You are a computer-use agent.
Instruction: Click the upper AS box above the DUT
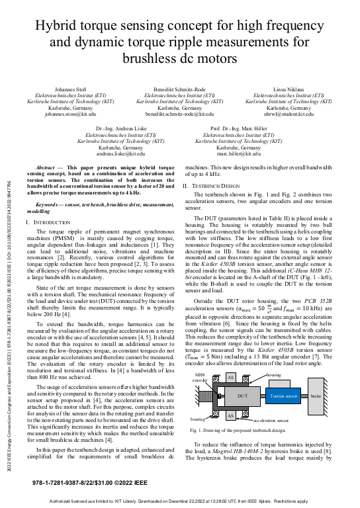click(231, 376)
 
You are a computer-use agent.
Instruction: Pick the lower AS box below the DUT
click(231, 415)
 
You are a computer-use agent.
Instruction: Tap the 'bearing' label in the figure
click(197, 419)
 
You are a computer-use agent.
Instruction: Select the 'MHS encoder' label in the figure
click(200, 378)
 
